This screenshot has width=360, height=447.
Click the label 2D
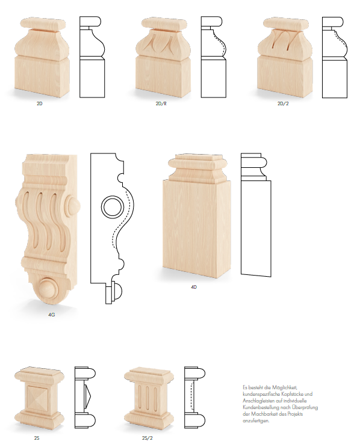[39, 103]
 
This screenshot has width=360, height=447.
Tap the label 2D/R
[161, 103]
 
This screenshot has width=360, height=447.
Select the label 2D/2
[283, 103]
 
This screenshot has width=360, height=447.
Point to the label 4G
[51, 315]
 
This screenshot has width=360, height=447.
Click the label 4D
[194, 287]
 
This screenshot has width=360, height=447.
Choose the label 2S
[37, 438]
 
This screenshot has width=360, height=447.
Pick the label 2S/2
[147, 438]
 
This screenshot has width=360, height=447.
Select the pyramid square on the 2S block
[38, 398]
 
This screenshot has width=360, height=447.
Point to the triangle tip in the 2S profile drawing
[91, 395]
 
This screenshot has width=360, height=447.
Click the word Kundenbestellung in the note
[261, 407]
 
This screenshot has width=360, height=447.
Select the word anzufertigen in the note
[256, 421]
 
